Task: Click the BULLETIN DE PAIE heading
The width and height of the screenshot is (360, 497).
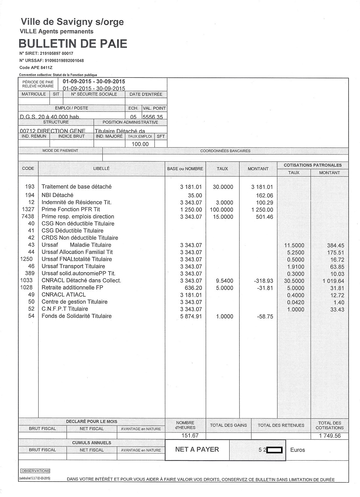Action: click(x=73, y=44)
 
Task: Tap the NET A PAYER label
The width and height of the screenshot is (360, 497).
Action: click(x=197, y=449)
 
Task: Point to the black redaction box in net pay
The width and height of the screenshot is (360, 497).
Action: click(x=274, y=450)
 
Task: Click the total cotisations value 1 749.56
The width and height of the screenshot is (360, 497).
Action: click(x=330, y=436)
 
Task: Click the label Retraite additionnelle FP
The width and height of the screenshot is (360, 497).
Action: click(x=72, y=288)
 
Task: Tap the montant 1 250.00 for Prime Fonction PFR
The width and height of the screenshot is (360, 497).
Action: click(x=262, y=210)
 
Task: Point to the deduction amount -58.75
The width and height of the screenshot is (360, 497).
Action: click(x=265, y=317)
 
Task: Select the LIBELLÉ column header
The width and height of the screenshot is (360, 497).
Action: click(x=101, y=169)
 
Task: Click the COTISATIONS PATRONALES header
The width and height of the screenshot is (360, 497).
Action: click(x=313, y=165)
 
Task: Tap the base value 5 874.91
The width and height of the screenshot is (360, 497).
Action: click(x=191, y=317)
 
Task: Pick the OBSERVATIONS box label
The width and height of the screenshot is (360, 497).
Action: click(x=36, y=471)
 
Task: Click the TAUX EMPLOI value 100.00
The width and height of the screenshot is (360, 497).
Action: click(x=140, y=144)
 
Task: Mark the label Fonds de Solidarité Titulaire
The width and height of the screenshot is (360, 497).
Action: click(x=77, y=316)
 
